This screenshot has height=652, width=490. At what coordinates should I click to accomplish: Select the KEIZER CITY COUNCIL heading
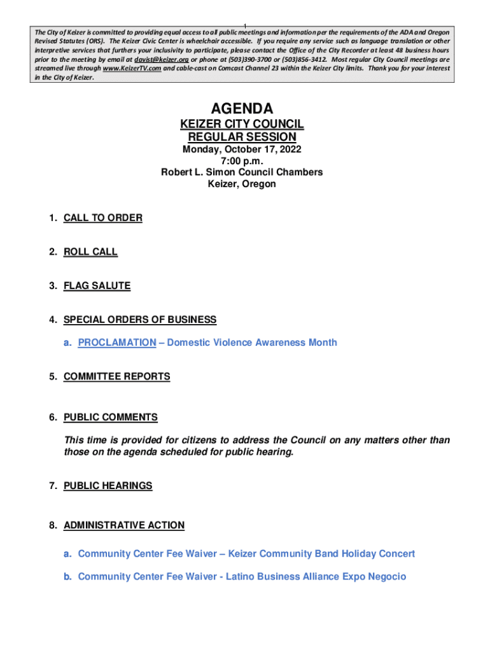[x=242, y=124]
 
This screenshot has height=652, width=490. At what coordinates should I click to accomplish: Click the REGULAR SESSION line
[x=242, y=137]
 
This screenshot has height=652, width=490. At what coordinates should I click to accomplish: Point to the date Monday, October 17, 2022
[x=242, y=150]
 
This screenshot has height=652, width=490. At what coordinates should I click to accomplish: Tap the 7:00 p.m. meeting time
[x=242, y=161]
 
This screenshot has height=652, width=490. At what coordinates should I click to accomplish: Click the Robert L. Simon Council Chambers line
[x=242, y=172]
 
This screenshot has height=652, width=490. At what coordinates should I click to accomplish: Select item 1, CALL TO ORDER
[x=102, y=218]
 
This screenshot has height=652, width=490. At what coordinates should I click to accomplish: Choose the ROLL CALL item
[x=90, y=252]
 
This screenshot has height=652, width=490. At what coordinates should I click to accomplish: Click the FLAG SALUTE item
[x=97, y=286]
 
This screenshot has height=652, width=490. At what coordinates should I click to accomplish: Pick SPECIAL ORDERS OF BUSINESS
[x=140, y=320]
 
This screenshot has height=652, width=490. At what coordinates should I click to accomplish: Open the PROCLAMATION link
[x=116, y=343]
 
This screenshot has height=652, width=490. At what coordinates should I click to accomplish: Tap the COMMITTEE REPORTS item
[x=116, y=376]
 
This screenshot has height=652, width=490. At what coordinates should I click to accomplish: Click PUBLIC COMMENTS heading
[x=110, y=417]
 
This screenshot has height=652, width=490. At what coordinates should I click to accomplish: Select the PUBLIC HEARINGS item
[x=108, y=486]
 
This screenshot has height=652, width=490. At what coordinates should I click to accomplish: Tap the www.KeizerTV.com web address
[x=132, y=67]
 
